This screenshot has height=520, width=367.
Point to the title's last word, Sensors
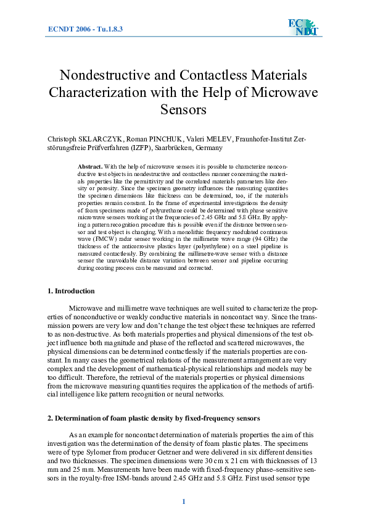click(183, 111)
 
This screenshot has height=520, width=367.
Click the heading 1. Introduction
click(72, 290)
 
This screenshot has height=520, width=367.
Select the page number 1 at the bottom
click(183, 501)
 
